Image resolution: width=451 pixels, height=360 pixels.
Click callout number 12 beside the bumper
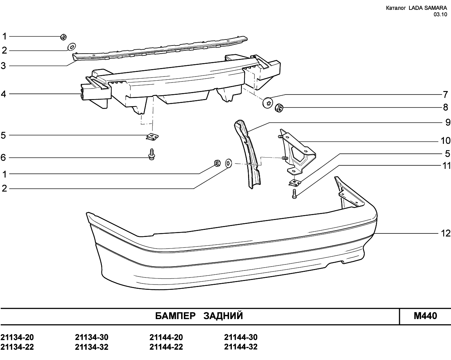pyautogui.click(x=445, y=233)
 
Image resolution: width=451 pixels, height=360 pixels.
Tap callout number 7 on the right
pyautogui.click(x=445, y=94)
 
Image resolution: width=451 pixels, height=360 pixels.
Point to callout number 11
pyautogui.click(x=446, y=165)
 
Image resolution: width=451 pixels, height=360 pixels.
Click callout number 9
pyautogui.click(x=448, y=122)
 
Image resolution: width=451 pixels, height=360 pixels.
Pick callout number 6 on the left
pyautogui.click(x=3, y=158)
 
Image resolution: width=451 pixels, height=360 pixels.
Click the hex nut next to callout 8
pyautogui.click(x=279, y=107)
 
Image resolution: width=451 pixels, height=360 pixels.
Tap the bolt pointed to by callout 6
pyautogui.click(x=152, y=154)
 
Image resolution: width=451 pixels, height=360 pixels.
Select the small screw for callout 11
pyautogui.click(x=295, y=194)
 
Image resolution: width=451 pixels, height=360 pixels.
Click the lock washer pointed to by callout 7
pyautogui.click(x=268, y=103)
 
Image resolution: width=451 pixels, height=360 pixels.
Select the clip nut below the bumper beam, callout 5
pyautogui.click(x=152, y=136)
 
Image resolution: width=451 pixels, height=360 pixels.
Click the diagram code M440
pyautogui.click(x=425, y=316)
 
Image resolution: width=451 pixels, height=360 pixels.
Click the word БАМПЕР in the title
pyautogui.click(x=175, y=316)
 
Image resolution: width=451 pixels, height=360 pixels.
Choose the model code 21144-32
pyautogui.click(x=241, y=347)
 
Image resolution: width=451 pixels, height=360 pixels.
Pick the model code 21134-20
pyautogui.click(x=17, y=337)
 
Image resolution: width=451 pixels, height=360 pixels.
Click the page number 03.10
pyautogui.click(x=440, y=14)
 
